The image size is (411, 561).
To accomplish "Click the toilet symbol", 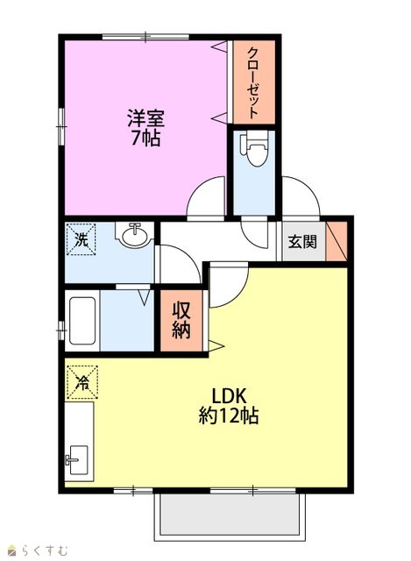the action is click(254, 150).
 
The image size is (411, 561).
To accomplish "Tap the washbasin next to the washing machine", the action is click(134, 235).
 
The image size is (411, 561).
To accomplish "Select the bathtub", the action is click(82, 321).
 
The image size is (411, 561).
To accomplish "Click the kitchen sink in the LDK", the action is click(79, 459).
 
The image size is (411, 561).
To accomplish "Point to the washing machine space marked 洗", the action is click(81, 239).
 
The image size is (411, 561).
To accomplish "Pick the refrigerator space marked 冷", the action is click(82, 382).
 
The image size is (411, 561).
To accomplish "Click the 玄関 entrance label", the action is click(302, 242).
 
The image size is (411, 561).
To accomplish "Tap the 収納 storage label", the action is click(181, 320).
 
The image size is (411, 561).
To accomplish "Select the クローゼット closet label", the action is click(253, 83).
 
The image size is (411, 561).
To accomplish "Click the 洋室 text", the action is click(146, 118).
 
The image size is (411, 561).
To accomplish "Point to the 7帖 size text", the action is click(145, 138).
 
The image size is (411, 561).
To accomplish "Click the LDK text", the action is click(229, 396).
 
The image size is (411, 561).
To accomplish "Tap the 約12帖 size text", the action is click(229, 415).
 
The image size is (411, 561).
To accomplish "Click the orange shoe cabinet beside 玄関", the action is click(337, 241).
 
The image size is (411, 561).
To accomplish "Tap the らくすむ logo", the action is click(39, 550).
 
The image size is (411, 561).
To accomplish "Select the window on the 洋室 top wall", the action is click(145, 37).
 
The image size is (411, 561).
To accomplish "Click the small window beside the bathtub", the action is click(61, 330).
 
